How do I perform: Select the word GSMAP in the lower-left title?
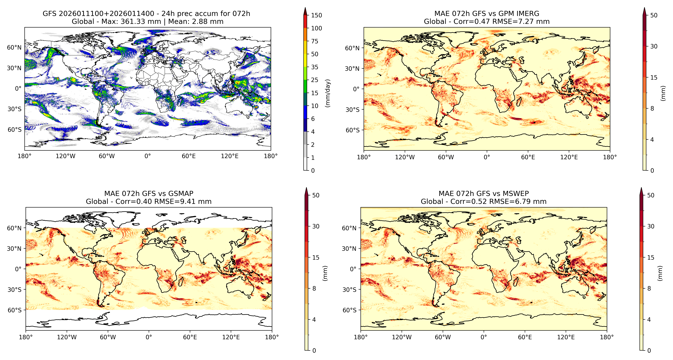(x=181, y=194)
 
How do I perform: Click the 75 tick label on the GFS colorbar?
(x=315, y=41)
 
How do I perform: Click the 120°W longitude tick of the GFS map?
(x=66, y=156)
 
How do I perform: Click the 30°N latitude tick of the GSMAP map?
(x=14, y=248)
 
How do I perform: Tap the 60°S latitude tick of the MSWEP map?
(x=349, y=310)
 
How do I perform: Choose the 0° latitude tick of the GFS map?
(x=18, y=89)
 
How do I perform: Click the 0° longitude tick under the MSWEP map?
(x=484, y=337)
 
